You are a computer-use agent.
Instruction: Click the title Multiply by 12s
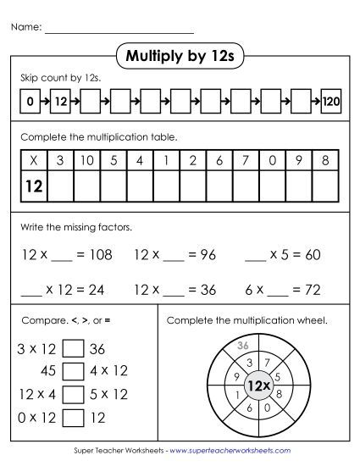coord(179,57)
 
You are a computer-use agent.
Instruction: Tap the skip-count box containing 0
coord(30,102)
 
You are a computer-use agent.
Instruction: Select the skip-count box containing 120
coord(330,102)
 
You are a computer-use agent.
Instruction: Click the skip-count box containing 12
coord(59,102)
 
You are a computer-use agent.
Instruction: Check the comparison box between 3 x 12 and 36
coord(75,348)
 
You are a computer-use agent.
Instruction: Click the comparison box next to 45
coord(75,371)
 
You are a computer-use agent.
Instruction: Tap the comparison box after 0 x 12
coord(75,417)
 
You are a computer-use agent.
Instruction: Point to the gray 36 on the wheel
coord(242,346)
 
